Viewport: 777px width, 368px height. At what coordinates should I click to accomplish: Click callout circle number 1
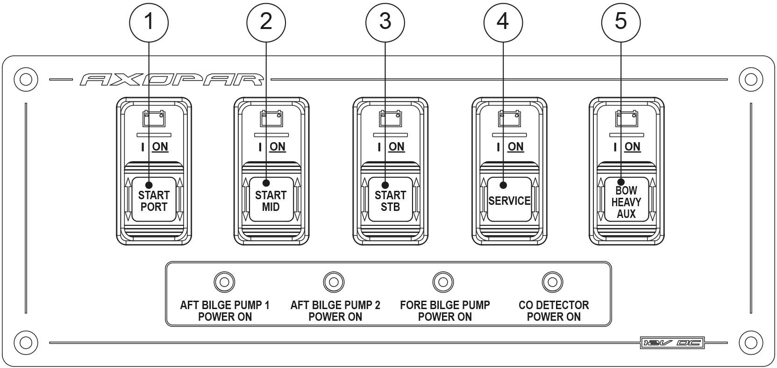pyautogui.click(x=149, y=22)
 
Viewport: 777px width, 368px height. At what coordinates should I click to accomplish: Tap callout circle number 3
pyautogui.click(x=385, y=22)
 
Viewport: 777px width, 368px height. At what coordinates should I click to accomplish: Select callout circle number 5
pyautogui.click(x=620, y=22)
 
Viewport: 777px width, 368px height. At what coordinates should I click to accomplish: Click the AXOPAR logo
pyautogui.click(x=171, y=79)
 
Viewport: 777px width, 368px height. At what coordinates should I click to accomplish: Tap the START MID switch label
pyautogui.click(x=271, y=201)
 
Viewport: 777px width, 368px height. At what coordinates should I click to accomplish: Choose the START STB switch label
pyautogui.click(x=390, y=201)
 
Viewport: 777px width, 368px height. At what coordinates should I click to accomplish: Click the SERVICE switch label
pyautogui.click(x=509, y=201)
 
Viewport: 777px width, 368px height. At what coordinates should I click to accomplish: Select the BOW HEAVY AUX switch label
pyautogui.click(x=626, y=202)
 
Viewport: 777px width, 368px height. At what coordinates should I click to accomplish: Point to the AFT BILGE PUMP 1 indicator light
pyautogui.click(x=224, y=282)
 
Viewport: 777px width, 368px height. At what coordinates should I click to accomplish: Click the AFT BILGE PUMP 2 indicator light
pyautogui.click(x=334, y=282)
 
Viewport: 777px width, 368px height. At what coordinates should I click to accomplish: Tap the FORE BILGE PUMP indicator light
pyautogui.click(x=443, y=282)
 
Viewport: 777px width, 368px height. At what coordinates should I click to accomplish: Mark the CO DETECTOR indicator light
pyautogui.click(x=552, y=282)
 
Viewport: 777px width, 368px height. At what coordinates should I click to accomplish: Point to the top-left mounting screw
pyautogui.click(x=25, y=79)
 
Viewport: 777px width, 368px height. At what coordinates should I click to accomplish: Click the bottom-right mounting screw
pyautogui.click(x=750, y=342)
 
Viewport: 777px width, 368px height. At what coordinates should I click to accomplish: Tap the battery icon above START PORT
pyautogui.click(x=154, y=119)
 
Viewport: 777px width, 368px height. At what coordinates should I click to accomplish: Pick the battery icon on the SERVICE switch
pyautogui.click(x=510, y=119)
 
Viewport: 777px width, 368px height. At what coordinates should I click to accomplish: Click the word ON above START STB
pyautogui.click(x=396, y=147)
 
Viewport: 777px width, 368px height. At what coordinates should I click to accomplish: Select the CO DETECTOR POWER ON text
pyautogui.click(x=554, y=311)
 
